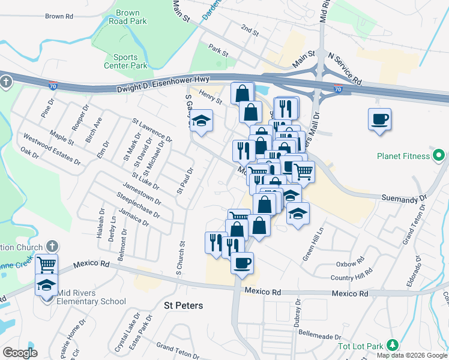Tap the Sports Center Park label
coord(130,61)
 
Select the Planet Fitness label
coord(404,156)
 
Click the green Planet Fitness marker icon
coord(439,156)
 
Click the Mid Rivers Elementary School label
coord(91,298)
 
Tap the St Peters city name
coord(184,305)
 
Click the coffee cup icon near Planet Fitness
coord(379,119)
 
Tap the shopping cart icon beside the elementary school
coord(46,264)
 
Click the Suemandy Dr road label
coord(404,197)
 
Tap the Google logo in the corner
coord(20,353)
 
